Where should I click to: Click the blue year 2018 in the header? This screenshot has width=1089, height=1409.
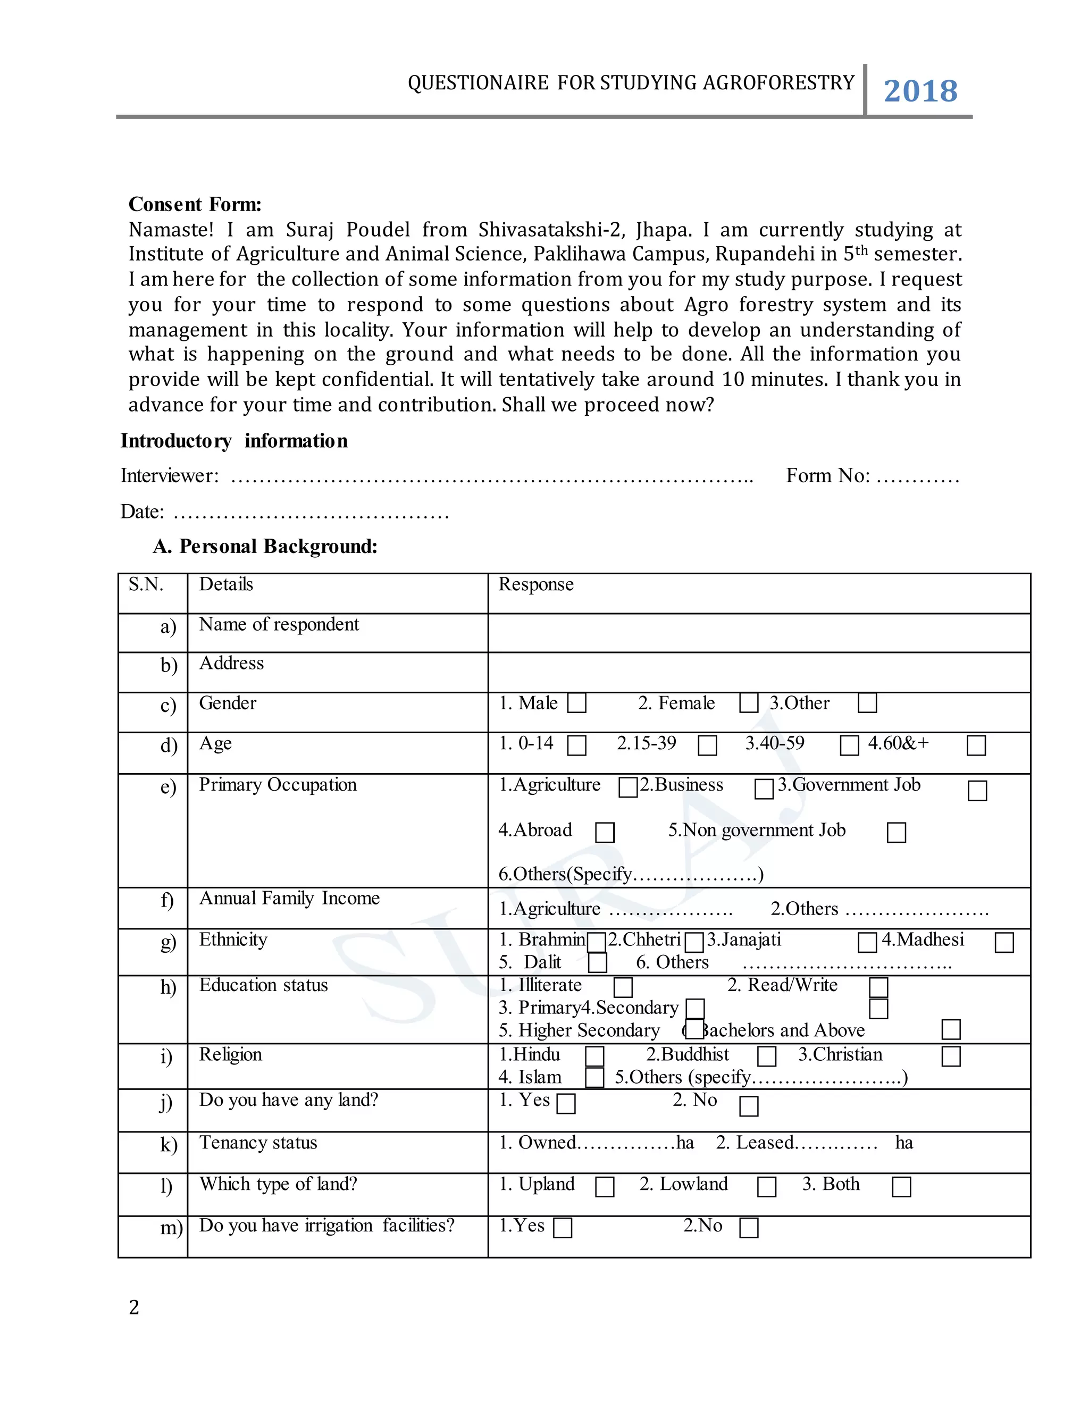coord(920,91)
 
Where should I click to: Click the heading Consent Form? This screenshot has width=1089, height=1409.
coord(195,205)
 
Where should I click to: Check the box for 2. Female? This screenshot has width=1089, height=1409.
coord(748,703)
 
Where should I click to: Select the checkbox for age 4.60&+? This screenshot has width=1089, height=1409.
coord(976,746)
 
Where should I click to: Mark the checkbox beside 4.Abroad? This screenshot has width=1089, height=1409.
coord(605,832)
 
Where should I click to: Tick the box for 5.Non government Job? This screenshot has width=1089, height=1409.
coord(896,832)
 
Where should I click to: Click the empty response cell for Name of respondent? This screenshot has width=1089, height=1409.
coord(758,633)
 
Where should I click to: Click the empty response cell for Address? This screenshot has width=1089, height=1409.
coord(758,672)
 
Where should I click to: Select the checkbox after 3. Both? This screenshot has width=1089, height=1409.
coord(901,1187)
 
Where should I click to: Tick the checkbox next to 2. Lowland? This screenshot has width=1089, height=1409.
coord(766,1187)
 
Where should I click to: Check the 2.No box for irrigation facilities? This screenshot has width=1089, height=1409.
coord(748,1228)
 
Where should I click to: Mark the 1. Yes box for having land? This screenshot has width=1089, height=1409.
coord(566,1104)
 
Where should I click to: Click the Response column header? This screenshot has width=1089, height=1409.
coord(535,584)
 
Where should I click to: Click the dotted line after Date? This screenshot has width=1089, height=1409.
coord(311,515)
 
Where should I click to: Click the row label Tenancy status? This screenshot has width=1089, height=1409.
coord(258,1143)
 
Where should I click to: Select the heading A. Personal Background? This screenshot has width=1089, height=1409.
coord(265,547)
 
